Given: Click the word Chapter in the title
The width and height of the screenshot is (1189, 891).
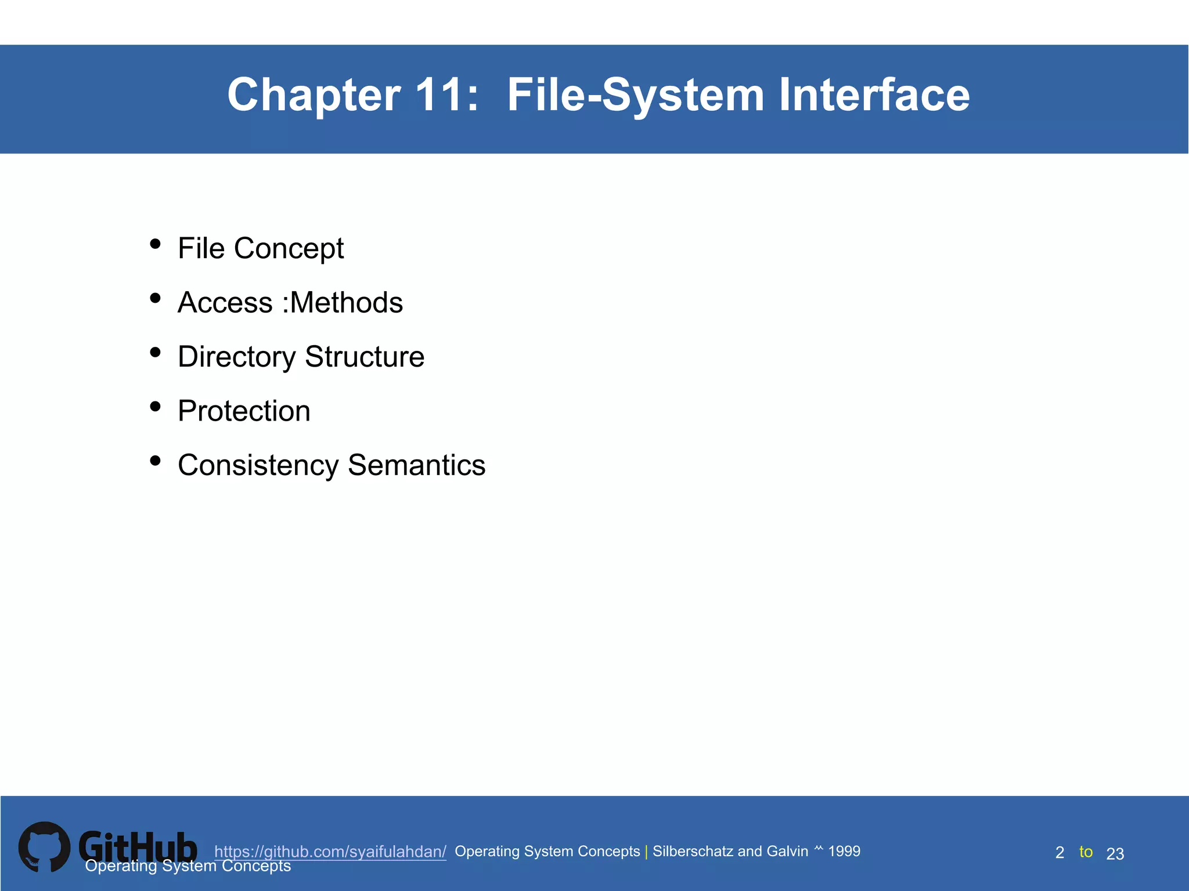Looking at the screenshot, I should click(x=314, y=95).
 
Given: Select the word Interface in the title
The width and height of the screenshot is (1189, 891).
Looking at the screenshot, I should click(x=874, y=95).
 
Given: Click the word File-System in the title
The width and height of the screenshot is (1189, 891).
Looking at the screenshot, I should click(x=635, y=95).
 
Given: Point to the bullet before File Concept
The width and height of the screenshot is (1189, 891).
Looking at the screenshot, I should click(x=155, y=244).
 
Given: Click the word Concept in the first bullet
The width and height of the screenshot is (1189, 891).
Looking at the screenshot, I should click(x=289, y=249).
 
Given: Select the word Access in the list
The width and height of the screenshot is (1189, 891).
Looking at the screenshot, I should click(x=225, y=303).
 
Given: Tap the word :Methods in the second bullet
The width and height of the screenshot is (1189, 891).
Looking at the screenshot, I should click(x=343, y=303).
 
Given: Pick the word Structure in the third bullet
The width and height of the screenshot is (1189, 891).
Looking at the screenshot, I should click(x=365, y=357).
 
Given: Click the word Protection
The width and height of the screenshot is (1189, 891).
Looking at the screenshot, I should click(x=244, y=411).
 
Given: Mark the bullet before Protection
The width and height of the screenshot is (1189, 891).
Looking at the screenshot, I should click(x=155, y=406).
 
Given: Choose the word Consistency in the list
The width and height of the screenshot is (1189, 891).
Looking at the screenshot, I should click(x=258, y=465).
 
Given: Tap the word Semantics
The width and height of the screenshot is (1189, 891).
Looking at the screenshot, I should click(x=416, y=465).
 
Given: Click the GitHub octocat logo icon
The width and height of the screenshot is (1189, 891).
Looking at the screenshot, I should click(x=44, y=847).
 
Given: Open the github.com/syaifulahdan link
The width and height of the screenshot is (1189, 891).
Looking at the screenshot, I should click(x=330, y=852).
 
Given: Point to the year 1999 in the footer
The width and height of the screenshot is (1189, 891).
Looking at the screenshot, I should click(x=844, y=851).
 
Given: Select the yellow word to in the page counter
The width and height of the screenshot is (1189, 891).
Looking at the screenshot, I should click(x=1086, y=852).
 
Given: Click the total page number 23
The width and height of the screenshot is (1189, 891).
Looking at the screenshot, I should click(x=1115, y=853).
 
